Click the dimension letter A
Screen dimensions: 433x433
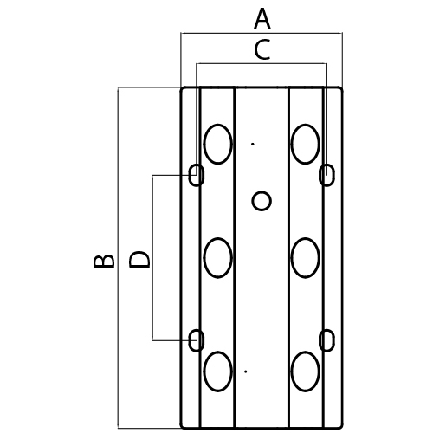[262, 19]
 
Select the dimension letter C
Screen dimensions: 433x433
[262, 49]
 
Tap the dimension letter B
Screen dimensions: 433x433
[104, 261]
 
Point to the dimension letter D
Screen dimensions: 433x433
[139, 260]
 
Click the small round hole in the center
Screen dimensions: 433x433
[262, 201]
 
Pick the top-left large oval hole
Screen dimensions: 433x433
[218, 144]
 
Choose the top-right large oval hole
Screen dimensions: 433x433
[306, 144]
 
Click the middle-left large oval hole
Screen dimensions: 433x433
[218, 258]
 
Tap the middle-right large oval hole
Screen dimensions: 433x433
[306, 258]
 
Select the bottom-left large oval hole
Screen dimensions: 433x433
[218, 372]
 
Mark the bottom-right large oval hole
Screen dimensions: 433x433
[306, 372]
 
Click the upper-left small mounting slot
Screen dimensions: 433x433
[197, 175]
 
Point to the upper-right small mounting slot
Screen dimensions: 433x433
[326, 175]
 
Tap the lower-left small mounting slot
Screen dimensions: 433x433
[197, 340]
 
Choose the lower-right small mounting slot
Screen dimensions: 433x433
[326, 340]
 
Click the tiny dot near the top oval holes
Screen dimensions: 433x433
[253, 144]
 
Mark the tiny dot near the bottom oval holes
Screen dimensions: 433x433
[246, 372]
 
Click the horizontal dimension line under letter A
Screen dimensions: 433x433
[262, 33]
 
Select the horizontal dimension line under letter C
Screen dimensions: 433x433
[262, 63]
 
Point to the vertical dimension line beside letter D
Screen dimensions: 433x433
[152, 258]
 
